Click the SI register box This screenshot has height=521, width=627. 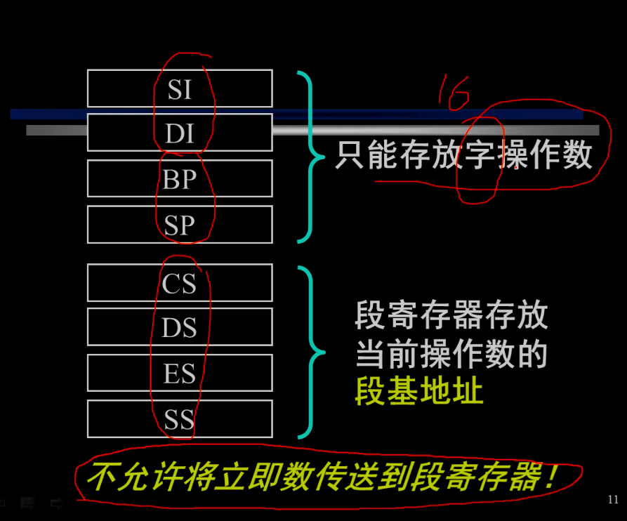(180, 88)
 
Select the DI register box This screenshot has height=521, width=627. (180, 133)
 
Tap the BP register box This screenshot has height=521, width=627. (180, 179)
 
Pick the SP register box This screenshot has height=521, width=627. (180, 225)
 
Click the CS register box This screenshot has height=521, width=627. (180, 283)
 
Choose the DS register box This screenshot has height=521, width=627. (180, 327)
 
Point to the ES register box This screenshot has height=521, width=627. (180, 373)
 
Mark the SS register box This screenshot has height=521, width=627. (180, 419)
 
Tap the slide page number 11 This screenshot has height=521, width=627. (613, 500)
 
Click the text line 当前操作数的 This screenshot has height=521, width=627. (451, 355)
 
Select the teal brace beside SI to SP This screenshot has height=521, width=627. (308, 157)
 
